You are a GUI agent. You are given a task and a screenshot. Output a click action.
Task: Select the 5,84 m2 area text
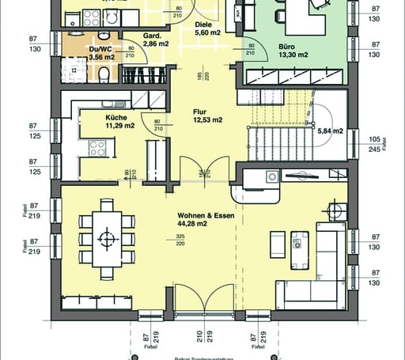(x=331, y=131)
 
